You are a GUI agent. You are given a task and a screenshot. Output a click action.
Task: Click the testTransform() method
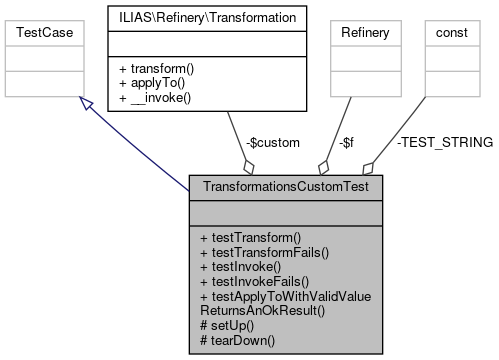250,238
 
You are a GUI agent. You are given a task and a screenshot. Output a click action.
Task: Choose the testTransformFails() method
265,253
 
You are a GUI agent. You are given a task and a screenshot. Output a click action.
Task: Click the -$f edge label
347,143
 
